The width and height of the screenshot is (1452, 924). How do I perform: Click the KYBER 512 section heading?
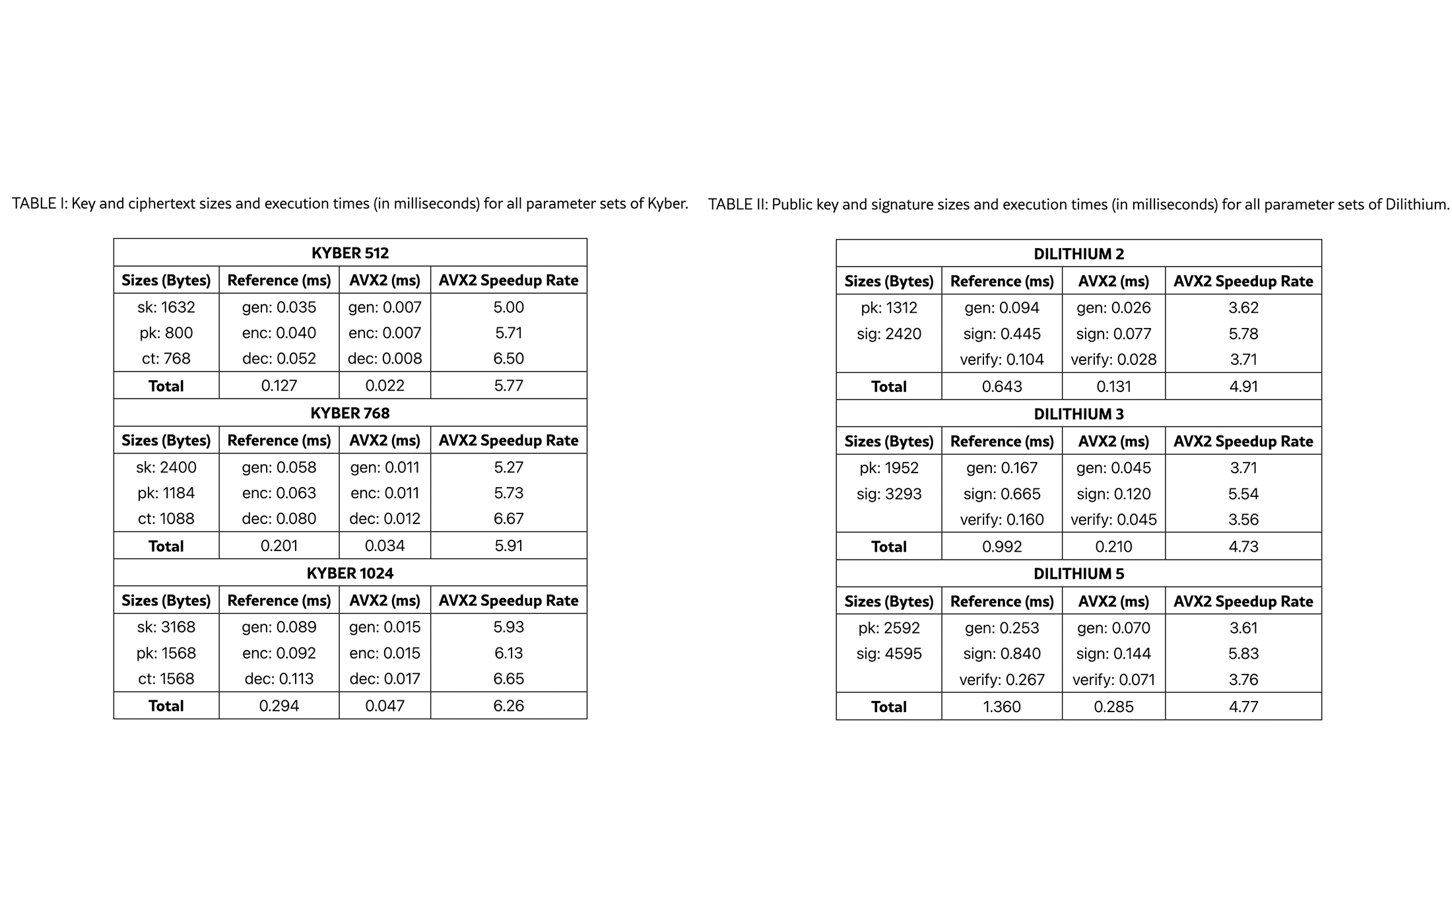tap(350, 253)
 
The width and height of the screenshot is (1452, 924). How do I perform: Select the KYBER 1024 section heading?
tap(350, 573)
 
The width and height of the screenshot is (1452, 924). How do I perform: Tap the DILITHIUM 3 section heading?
tap(1078, 414)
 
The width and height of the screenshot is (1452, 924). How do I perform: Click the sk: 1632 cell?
tap(166, 307)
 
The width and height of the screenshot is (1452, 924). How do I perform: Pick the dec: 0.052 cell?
tap(279, 358)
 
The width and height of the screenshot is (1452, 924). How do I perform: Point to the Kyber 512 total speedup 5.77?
tap(508, 385)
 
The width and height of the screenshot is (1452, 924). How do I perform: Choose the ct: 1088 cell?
tap(166, 519)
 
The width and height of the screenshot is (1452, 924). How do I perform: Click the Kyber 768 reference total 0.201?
tap(279, 546)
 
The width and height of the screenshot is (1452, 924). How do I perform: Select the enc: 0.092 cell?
tap(279, 653)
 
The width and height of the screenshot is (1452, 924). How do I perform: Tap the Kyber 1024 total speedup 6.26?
tap(508, 706)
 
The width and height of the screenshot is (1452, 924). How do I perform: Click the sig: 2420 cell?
tap(889, 334)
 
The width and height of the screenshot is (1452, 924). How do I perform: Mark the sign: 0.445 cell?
tap(1002, 334)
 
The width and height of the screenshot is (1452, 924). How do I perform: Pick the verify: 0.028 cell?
tap(1113, 360)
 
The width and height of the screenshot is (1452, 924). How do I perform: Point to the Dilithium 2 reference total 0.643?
tap(1002, 387)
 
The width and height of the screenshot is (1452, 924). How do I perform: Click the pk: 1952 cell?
tap(889, 468)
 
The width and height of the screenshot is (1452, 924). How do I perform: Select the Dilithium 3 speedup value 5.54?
tap(1243, 494)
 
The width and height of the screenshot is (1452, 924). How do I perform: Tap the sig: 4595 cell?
tap(889, 653)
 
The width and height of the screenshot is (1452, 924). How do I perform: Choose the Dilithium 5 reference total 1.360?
tap(1002, 707)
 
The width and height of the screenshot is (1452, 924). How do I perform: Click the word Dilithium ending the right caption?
tap(1416, 205)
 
